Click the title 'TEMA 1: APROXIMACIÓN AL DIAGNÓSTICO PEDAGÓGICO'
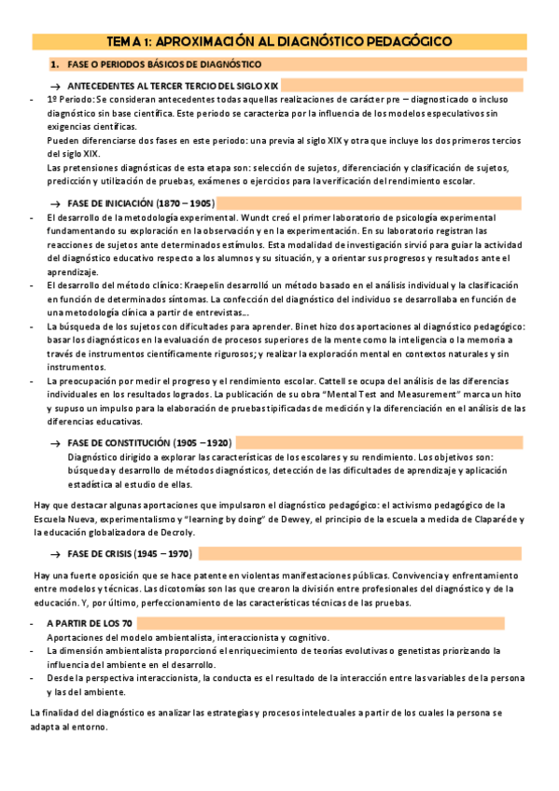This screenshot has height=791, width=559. pyautogui.click(x=280, y=42)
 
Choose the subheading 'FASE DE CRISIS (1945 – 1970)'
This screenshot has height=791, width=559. pyautogui.click(x=130, y=553)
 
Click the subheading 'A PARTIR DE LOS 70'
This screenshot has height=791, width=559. pyautogui.click(x=90, y=622)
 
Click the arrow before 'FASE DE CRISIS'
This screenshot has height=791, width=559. pyautogui.click(x=56, y=553)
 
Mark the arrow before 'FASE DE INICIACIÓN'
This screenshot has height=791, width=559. pyautogui.click(x=56, y=201)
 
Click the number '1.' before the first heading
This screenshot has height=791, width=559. pyautogui.click(x=56, y=63)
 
